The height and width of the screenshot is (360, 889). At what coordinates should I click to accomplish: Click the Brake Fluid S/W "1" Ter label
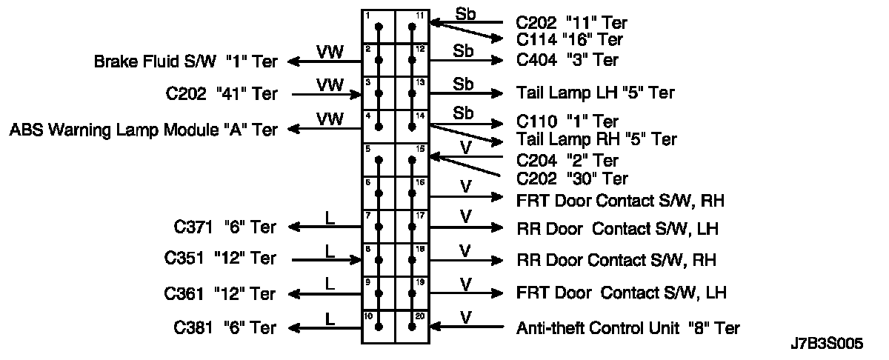tap(185, 61)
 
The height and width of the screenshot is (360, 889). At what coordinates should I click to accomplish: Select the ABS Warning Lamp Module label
tap(143, 130)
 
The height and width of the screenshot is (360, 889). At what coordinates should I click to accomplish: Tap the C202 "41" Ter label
tap(222, 94)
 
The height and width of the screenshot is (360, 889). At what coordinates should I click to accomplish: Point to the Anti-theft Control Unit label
tap(627, 327)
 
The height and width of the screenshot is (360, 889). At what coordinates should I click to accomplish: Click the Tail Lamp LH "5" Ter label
tap(595, 93)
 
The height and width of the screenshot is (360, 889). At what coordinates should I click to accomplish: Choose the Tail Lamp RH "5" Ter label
tap(596, 139)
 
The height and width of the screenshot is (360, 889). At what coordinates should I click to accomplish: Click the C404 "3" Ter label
tap(567, 60)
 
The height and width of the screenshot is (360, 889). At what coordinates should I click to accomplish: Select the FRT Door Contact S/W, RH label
tap(619, 199)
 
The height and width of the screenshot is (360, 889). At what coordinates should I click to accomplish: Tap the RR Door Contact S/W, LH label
tap(617, 228)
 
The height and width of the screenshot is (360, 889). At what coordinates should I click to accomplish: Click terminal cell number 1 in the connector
tap(379, 27)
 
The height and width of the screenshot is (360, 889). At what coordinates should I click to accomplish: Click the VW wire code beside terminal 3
tap(329, 84)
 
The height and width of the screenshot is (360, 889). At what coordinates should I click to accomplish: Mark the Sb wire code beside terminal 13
tap(463, 84)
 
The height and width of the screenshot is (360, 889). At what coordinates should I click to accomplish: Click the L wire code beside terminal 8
tap(330, 250)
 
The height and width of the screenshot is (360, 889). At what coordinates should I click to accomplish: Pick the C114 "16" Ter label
tap(569, 39)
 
